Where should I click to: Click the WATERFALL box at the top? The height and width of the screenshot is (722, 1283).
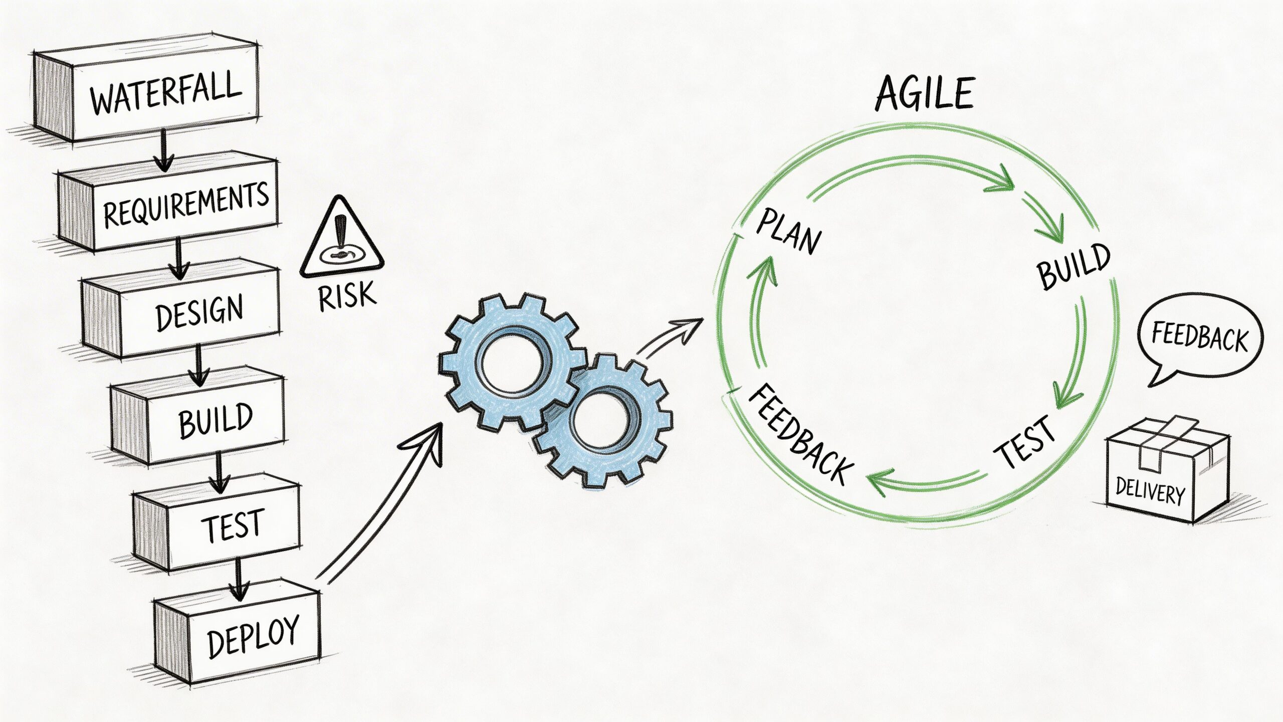[165, 95]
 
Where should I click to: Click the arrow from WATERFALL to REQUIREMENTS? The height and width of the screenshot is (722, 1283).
[163, 150]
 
